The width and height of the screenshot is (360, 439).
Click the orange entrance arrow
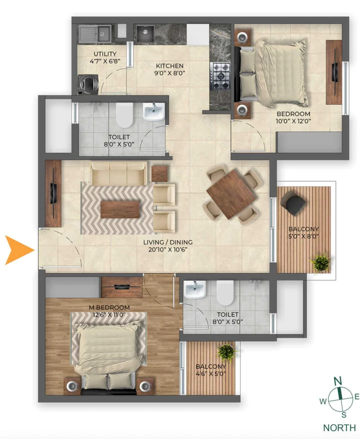point(19,250)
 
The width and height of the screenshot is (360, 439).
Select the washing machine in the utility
point(88,84)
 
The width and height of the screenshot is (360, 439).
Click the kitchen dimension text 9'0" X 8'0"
point(170,73)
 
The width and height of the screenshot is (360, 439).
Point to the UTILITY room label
point(105,54)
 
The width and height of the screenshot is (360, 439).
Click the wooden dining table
point(231,194)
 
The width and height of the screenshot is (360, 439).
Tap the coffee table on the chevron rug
point(120,209)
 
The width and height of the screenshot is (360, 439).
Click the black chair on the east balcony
point(293,203)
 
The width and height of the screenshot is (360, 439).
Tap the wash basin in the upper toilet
point(154,111)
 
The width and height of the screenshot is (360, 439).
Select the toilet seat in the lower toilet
point(225,293)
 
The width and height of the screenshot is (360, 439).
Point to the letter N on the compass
point(338,381)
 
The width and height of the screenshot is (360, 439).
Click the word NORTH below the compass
point(339,427)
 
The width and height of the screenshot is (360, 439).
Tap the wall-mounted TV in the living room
point(53,193)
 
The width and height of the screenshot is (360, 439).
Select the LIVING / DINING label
point(168,242)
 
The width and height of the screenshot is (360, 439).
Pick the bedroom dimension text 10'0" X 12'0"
point(293,121)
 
